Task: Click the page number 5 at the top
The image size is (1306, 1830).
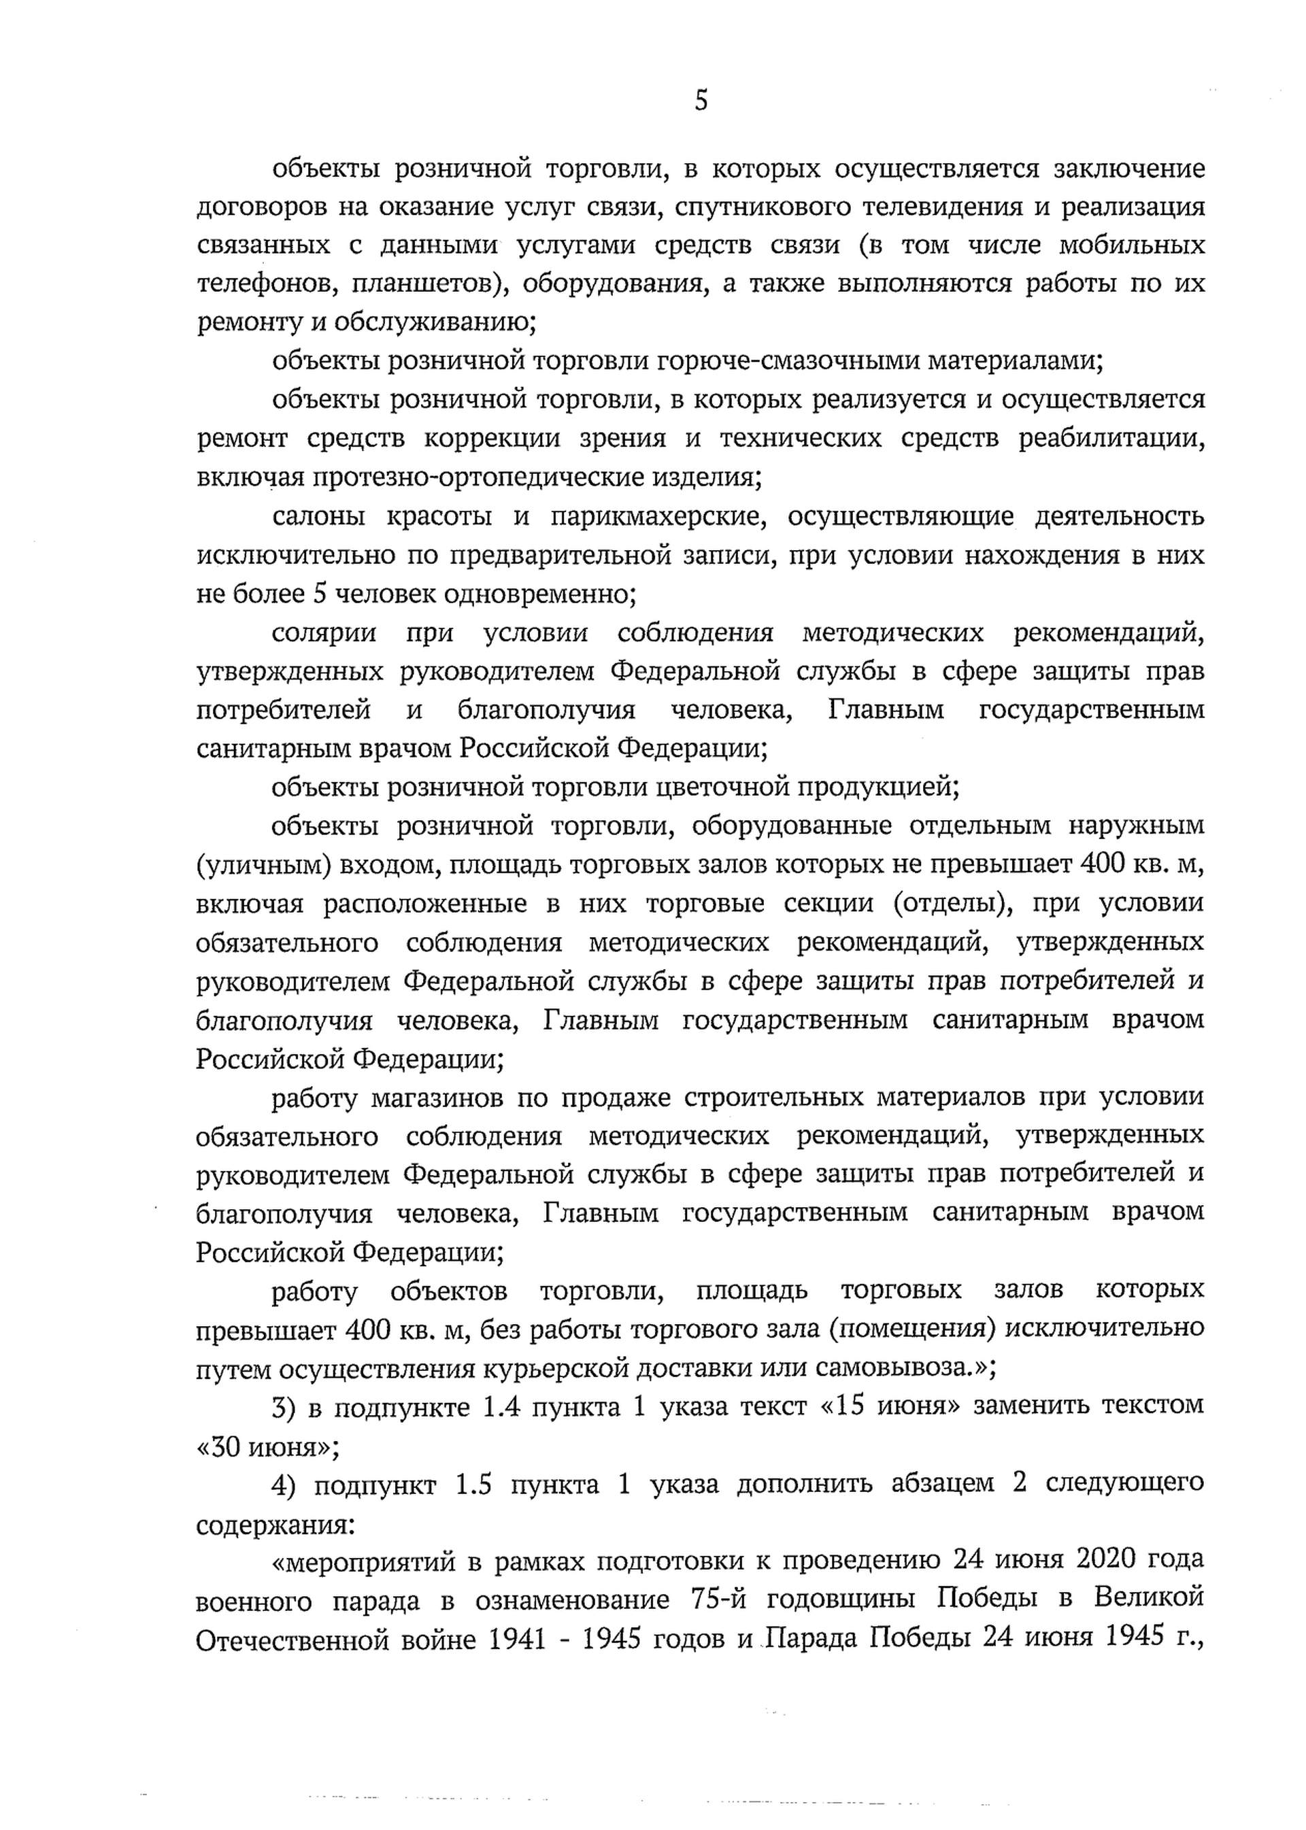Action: [x=701, y=102]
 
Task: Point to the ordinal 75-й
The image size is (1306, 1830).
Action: [x=720, y=1600]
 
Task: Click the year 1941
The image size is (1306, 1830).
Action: [x=517, y=1640]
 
